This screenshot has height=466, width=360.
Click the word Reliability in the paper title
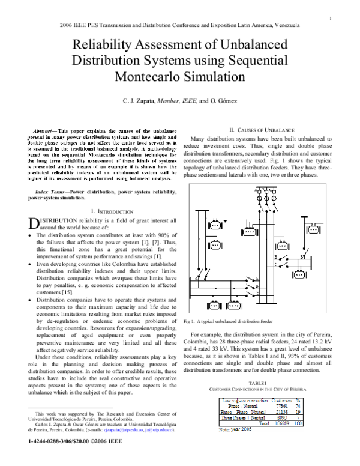106,46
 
